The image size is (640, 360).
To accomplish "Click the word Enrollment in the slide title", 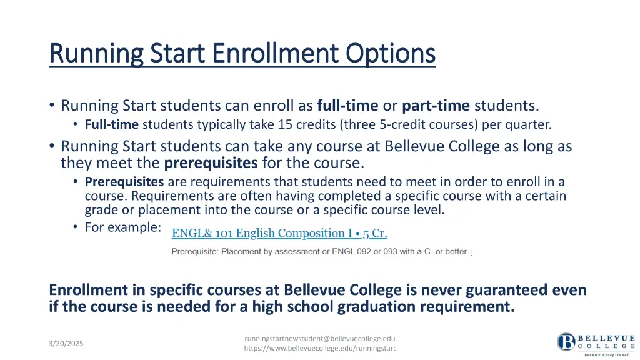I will (x=276, y=53).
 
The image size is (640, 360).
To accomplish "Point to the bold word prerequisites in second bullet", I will (x=211, y=163).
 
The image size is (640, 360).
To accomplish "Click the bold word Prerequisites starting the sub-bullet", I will (x=124, y=182).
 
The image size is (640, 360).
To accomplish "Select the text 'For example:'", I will (x=122, y=227).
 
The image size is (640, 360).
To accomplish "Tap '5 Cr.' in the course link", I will (x=375, y=233).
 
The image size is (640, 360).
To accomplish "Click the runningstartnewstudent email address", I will (x=319, y=338).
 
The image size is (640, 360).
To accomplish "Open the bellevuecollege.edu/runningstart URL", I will (x=319, y=348).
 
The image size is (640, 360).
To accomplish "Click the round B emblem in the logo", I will (x=566, y=342).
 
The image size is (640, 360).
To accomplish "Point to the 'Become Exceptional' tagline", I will (x=606, y=354).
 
